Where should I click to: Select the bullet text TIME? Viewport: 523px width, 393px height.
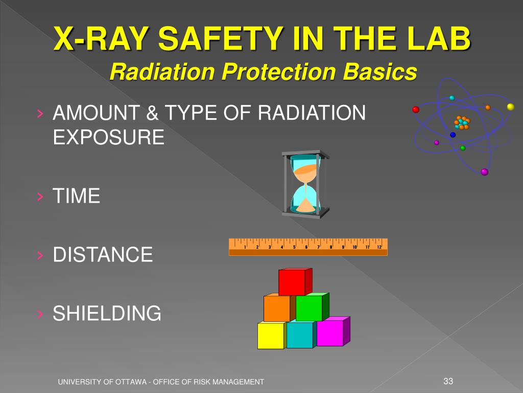77,196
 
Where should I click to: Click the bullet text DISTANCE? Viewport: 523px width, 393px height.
103,254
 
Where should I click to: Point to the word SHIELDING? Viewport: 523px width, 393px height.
107,313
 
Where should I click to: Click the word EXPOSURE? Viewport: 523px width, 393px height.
109,137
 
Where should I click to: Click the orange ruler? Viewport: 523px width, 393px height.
308,247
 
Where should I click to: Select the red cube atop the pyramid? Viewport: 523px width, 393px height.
293,282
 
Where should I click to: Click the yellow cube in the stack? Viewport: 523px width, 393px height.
271,336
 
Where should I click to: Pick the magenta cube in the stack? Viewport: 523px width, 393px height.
330,333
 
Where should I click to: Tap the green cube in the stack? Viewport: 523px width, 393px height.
310,308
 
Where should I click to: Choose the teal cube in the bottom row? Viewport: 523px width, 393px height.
300,335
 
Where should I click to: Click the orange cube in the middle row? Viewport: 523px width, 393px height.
277,309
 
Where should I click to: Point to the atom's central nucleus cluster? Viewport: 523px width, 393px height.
462,123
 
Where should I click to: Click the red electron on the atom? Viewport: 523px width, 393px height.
416,110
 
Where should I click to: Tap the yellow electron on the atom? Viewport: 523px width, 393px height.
510,106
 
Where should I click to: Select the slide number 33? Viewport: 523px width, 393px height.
448,381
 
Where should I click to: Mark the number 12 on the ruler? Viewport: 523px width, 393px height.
379,247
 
